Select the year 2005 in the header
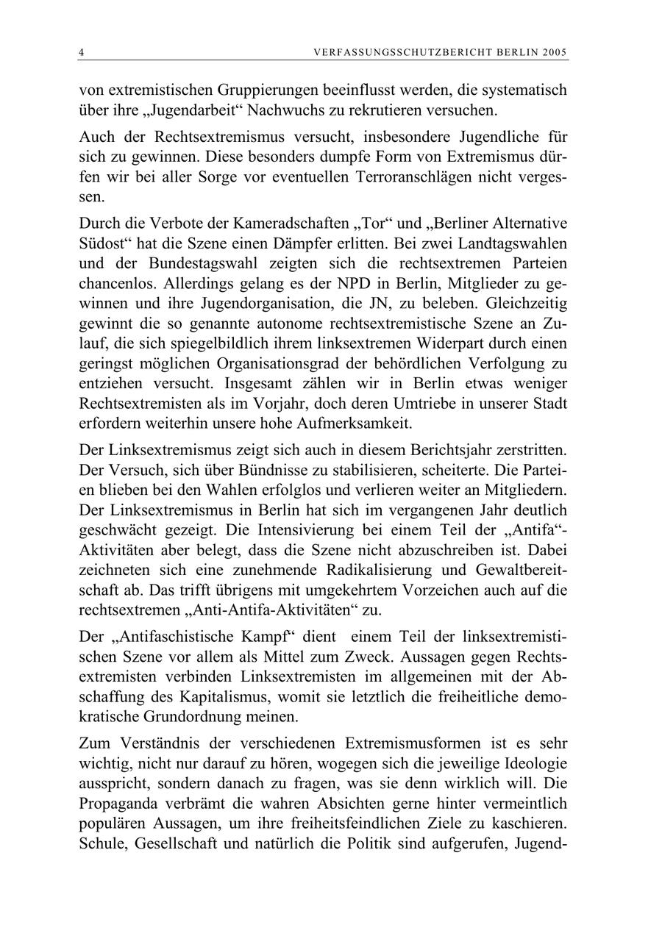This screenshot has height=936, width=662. (555, 52)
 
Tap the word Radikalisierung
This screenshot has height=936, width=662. (352, 570)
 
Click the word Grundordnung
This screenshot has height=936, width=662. (191, 715)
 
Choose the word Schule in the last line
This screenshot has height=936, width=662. (101, 844)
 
